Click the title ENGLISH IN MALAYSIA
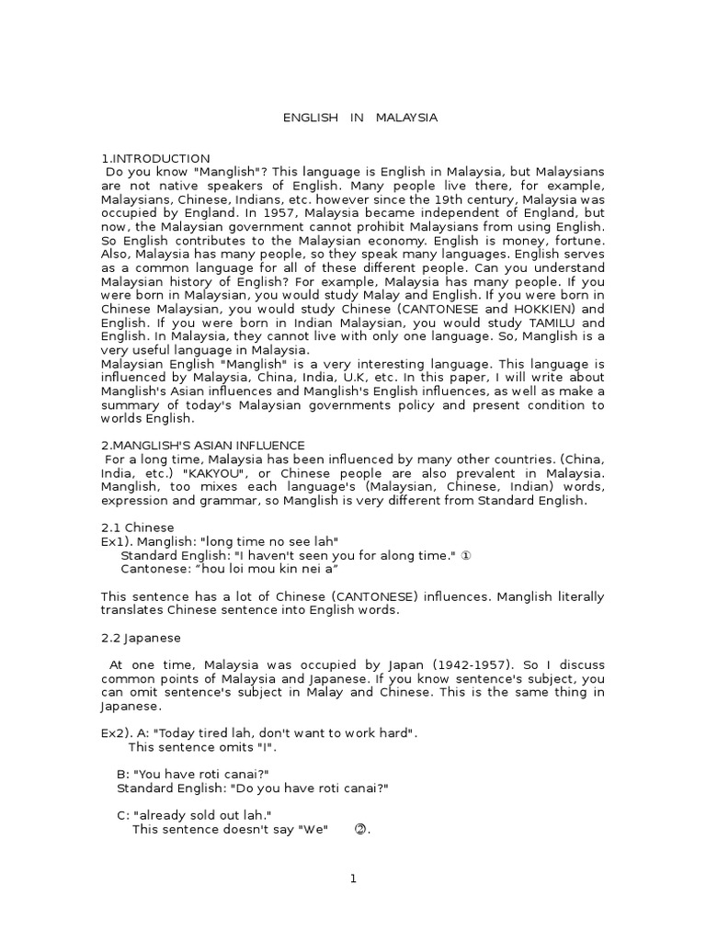tap(359, 118)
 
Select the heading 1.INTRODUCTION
tap(155, 158)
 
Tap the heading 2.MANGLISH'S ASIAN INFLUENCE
tap(202, 445)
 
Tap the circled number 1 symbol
tap(467, 556)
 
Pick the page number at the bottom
tap(352, 879)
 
